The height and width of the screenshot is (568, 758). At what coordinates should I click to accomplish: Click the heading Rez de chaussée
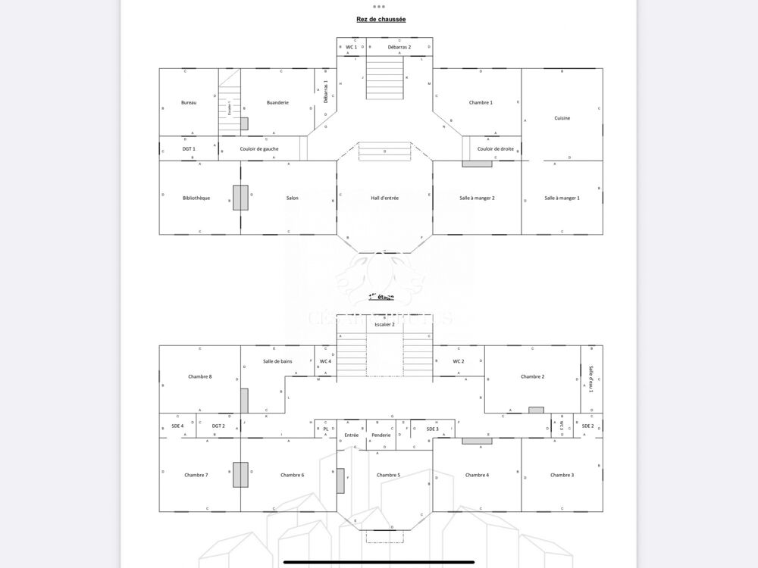pyautogui.click(x=381, y=19)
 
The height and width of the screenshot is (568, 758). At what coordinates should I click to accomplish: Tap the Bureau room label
pyautogui.click(x=189, y=102)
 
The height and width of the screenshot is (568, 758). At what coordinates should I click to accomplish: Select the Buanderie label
pyautogui.click(x=277, y=102)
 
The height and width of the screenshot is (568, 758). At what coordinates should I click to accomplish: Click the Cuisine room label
pyautogui.click(x=562, y=118)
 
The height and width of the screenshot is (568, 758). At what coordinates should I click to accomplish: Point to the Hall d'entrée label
pyautogui.click(x=384, y=198)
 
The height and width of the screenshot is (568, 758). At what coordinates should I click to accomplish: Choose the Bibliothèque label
pyautogui.click(x=196, y=198)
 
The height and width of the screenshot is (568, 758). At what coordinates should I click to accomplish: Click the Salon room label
pyautogui.click(x=292, y=198)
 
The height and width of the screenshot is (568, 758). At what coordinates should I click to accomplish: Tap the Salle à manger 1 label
pyautogui.click(x=562, y=198)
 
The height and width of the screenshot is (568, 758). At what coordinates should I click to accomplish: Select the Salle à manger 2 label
pyautogui.click(x=477, y=198)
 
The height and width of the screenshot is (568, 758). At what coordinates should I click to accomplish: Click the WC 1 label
pyautogui.click(x=351, y=47)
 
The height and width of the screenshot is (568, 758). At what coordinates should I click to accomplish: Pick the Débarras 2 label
pyautogui.click(x=399, y=47)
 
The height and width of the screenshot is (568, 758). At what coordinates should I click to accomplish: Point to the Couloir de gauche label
pyautogui.click(x=259, y=148)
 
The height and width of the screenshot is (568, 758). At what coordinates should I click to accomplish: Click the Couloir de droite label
pyautogui.click(x=496, y=148)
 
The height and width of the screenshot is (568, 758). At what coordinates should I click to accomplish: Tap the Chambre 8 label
pyautogui.click(x=199, y=376)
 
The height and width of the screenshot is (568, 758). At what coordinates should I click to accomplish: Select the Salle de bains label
pyautogui.click(x=277, y=361)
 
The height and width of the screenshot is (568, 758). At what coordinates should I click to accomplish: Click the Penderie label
pyautogui.click(x=381, y=435)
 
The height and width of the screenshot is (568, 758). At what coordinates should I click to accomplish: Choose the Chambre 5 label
pyautogui.click(x=388, y=475)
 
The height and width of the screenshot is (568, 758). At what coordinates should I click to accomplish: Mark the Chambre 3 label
pyautogui.click(x=562, y=475)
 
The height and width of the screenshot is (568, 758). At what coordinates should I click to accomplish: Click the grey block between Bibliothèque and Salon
pyautogui.click(x=240, y=198)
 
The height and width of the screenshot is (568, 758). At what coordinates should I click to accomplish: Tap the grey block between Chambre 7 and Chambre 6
pyautogui.click(x=240, y=475)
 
